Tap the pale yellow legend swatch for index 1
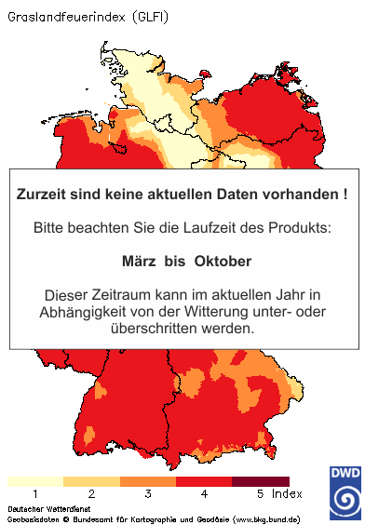(34, 481)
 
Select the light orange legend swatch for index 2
(91, 481)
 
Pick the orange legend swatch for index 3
(147, 481)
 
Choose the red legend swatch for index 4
(203, 481)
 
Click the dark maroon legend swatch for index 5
(259, 481)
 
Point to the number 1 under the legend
(34, 493)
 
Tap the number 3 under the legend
(147, 493)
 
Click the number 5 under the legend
(260, 493)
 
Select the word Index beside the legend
(289, 493)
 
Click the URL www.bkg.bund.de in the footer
(265, 518)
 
